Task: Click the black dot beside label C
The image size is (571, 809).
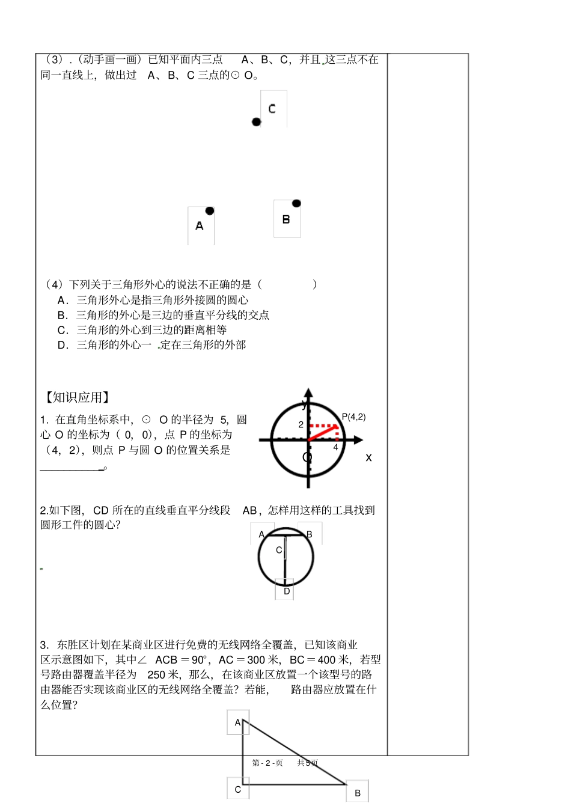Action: tap(257, 122)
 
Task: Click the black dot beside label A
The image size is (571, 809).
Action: tap(210, 211)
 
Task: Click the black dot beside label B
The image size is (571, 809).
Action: tap(296, 203)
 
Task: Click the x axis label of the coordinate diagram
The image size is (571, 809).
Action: tap(368, 457)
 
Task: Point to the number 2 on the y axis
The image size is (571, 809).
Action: tap(301, 424)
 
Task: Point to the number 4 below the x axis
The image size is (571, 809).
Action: tap(335, 447)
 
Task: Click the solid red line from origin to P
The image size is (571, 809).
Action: tap(322, 433)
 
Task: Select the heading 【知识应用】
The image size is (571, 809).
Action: tap(77, 397)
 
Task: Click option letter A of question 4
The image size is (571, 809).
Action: tap(61, 300)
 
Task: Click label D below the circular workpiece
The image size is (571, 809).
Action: tap(287, 591)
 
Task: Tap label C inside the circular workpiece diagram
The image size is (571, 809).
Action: tap(279, 550)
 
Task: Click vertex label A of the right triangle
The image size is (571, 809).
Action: tap(237, 722)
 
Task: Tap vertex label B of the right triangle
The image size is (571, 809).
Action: tap(358, 793)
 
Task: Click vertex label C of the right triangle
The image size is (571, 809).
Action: tap(237, 789)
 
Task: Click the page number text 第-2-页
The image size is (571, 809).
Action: tap(267, 763)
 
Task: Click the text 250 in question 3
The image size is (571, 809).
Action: tap(156, 674)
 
